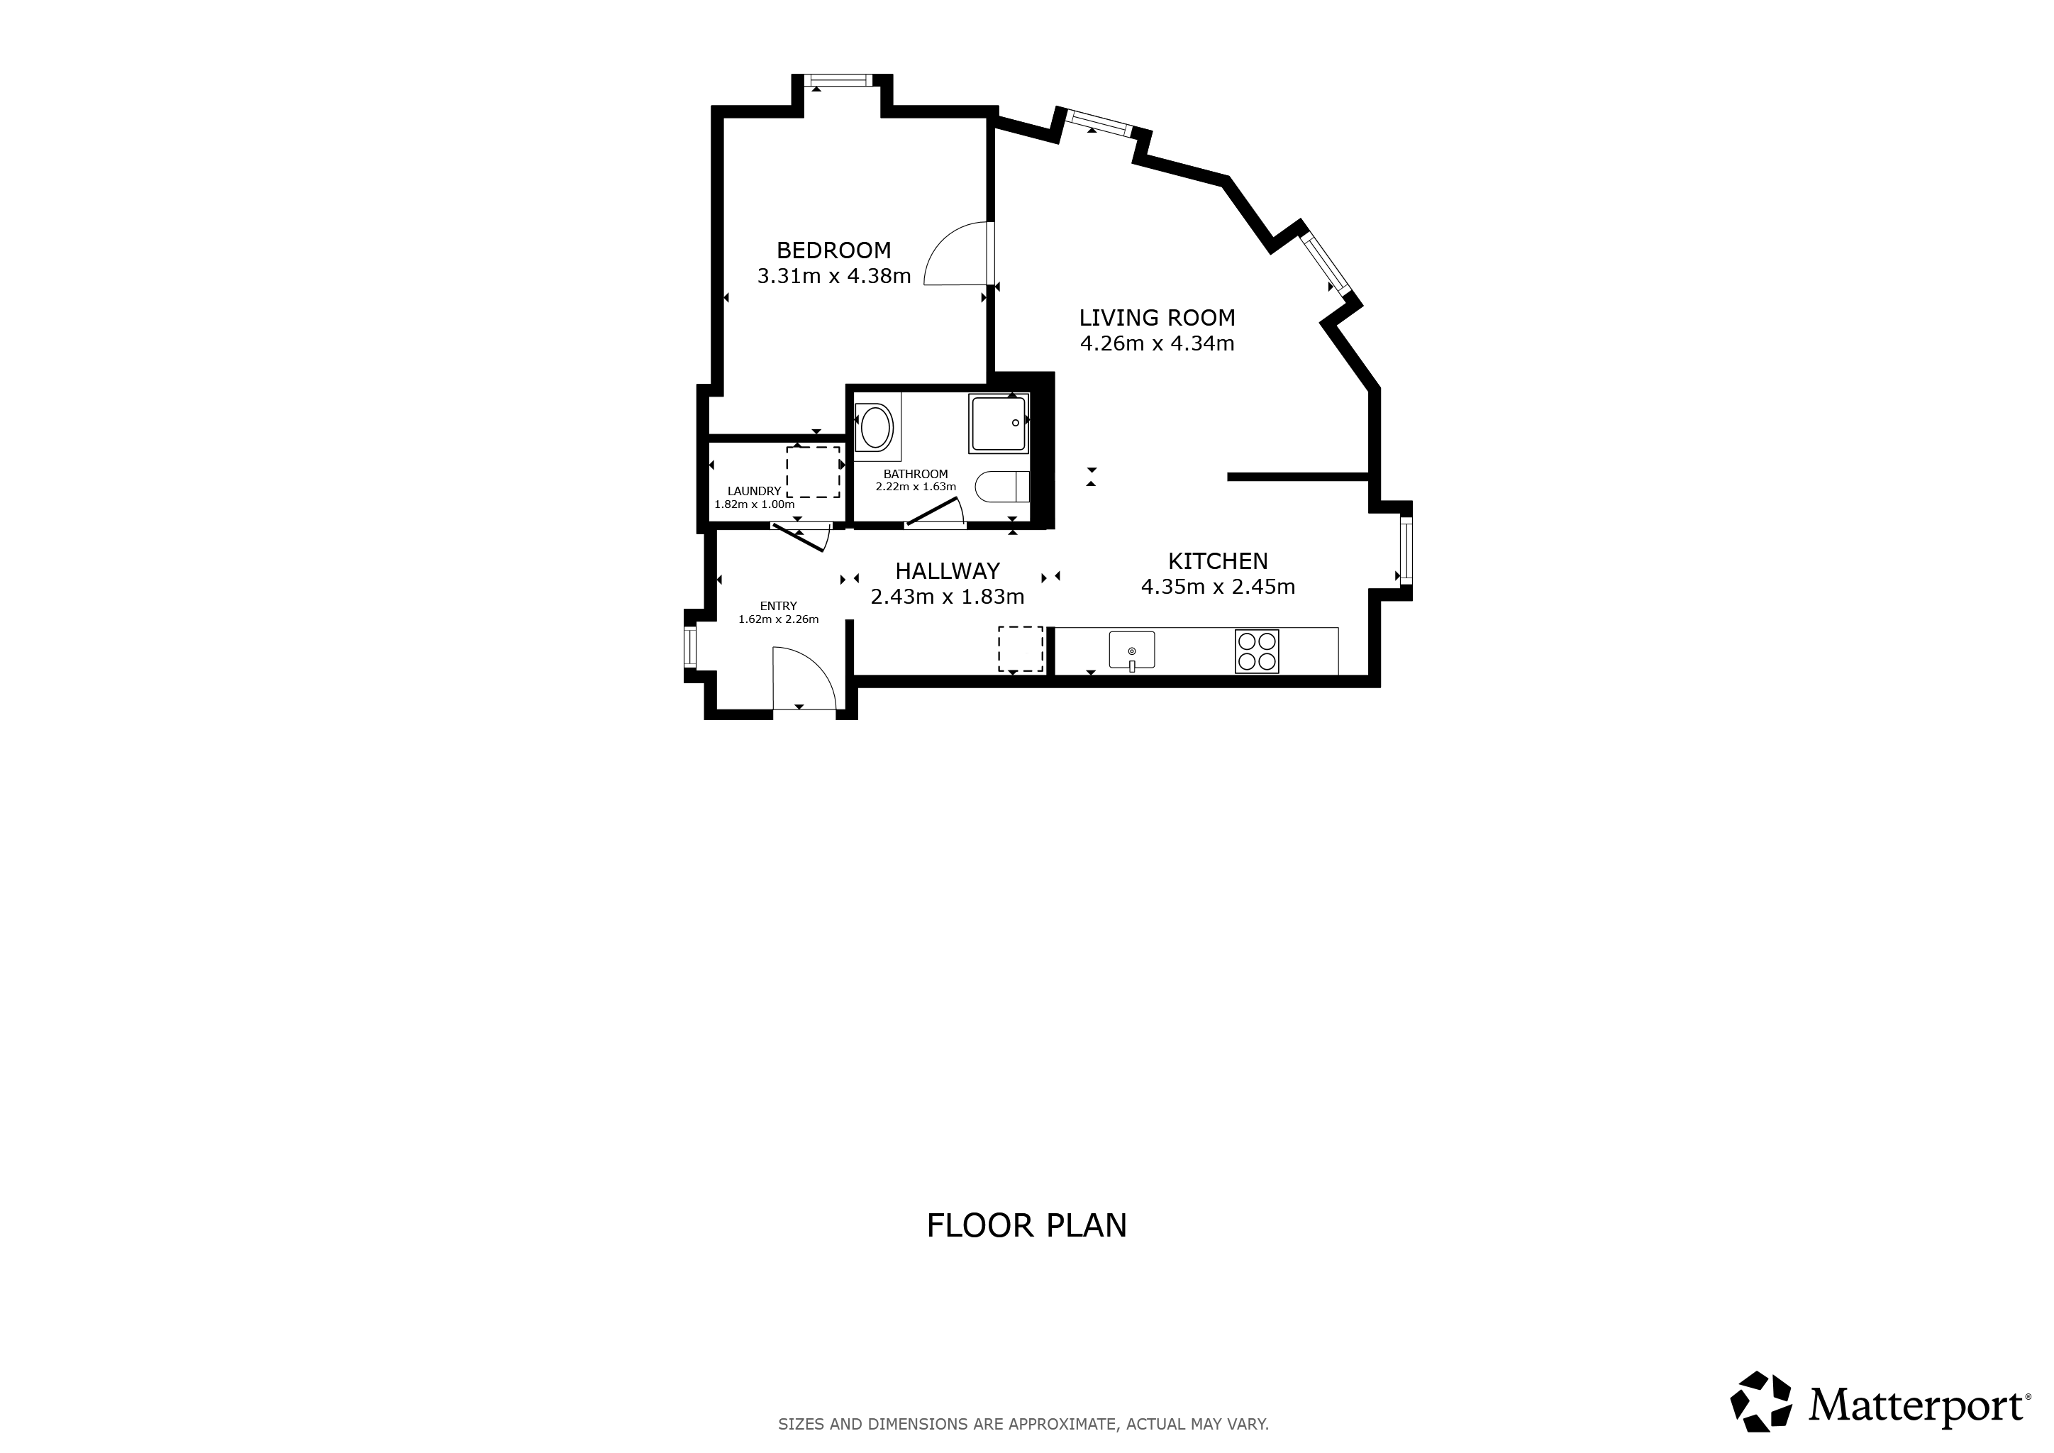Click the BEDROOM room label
(x=834, y=250)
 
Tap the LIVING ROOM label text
(x=1157, y=318)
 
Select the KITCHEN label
(x=1218, y=561)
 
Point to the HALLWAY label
(x=948, y=571)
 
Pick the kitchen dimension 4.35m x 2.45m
(x=1218, y=587)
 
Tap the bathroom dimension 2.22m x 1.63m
(x=915, y=487)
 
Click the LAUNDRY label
(x=754, y=491)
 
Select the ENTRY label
(x=778, y=606)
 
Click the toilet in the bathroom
(x=1002, y=487)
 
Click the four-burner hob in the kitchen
(x=1256, y=651)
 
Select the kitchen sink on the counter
(x=1132, y=651)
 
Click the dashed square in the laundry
(x=814, y=472)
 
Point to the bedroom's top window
(x=838, y=80)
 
